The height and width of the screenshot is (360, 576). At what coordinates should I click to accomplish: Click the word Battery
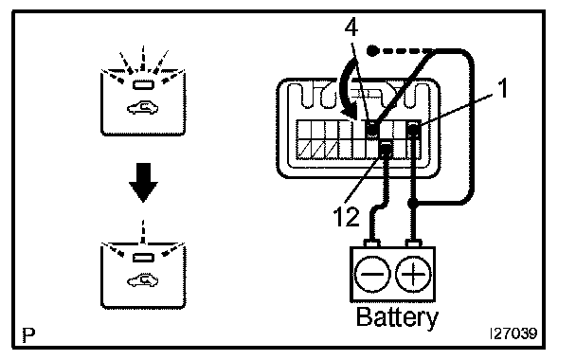(x=397, y=317)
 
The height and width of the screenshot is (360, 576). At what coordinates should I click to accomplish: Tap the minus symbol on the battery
(x=371, y=274)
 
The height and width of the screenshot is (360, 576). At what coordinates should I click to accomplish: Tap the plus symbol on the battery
(x=413, y=274)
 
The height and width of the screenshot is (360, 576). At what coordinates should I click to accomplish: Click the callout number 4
(x=351, y=27)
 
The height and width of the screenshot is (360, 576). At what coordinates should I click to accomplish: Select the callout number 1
(x=503, y=88)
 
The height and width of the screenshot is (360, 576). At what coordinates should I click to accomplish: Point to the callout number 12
(x=346, y=216)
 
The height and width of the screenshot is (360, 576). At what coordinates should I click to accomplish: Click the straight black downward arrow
(x=143, y=183)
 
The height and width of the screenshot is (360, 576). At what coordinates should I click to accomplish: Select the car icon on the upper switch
(x=142, y=107)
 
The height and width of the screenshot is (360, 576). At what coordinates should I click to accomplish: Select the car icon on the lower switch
(x=142, y=280)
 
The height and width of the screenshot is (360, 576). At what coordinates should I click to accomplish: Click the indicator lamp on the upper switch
(x=143, y=85)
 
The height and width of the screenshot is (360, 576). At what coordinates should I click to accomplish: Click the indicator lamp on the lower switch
(x=143, y=258)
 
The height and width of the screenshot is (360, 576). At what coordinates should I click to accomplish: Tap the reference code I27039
(x=513, y=333)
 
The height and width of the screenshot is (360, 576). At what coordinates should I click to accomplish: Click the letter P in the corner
(x=28, y=334)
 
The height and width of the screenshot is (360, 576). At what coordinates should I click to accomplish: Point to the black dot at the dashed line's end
(x=372, y=50)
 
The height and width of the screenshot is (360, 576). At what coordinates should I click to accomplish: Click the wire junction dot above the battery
(x=413, y=202)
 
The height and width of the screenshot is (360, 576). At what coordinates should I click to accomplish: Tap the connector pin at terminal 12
(x=386, y=150)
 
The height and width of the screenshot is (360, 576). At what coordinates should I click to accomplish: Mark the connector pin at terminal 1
(x=414, y=131)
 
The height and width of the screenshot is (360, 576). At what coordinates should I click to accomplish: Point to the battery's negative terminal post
(x=371, y=243)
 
